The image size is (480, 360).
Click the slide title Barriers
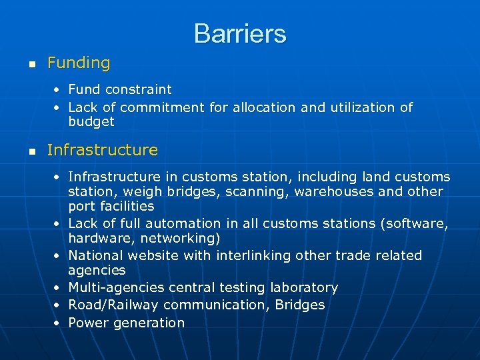pyautogui.click(x=240, y=33)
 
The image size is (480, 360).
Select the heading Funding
pyautogui.click(x=79, y=63)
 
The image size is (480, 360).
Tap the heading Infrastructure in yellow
pyautogui.click(x=103, y=150)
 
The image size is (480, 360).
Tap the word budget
pyautogui.click(x=91, y=122)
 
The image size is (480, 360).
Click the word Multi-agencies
pyautogui.click(x=117, y=288)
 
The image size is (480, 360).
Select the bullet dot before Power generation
pyautogui.click(x=58, y=323)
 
